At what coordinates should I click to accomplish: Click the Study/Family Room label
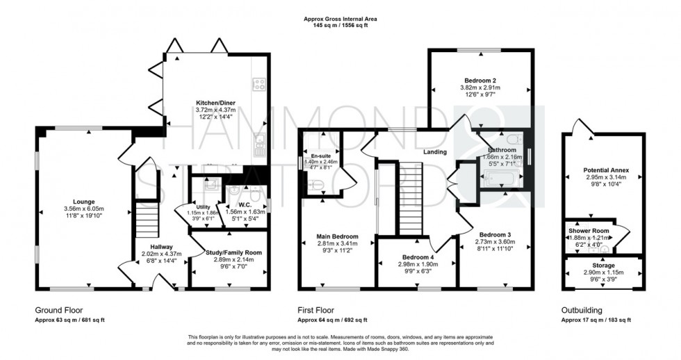pos(231,252)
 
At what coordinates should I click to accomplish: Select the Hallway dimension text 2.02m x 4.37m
pos(161,254)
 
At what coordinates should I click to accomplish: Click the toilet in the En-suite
pos(315,185)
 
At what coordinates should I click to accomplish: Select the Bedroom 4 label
pos(416,256)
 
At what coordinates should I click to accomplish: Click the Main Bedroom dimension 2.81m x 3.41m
pos(336,244)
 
